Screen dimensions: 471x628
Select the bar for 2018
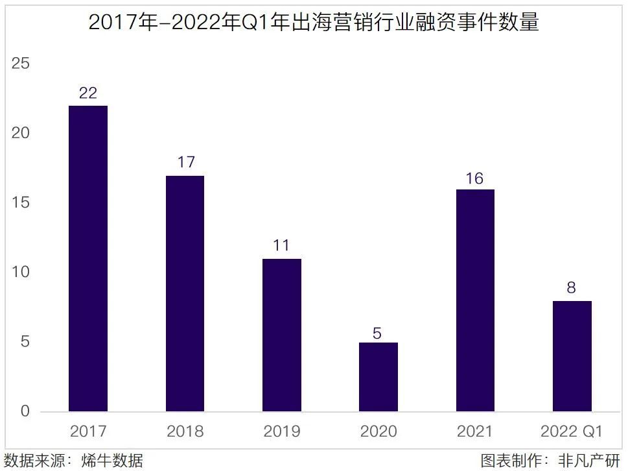coord(185,293)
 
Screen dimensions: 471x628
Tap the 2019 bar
coord(281,335)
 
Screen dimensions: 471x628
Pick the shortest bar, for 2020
coord(378,377)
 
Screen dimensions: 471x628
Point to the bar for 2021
coord(475,300)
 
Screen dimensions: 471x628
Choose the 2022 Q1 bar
coord(572,356)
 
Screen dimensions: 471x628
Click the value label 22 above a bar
coord(87,93)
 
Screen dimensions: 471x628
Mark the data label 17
coord(185,162)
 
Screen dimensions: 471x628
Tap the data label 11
coord(281,246)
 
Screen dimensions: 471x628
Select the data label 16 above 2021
coord(475,178)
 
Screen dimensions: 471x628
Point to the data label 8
coord(571,287)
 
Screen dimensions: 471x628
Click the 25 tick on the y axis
coord(21,64)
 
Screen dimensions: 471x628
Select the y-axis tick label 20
coord(21,133)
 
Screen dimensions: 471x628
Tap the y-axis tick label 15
coord(21,202)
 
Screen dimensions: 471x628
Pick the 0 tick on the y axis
coord(25,411)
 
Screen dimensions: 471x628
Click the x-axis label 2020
coord(378,431)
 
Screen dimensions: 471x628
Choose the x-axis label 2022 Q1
coord(571,431)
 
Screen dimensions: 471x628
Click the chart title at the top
coord(314,23)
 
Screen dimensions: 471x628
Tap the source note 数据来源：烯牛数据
coord(73,461)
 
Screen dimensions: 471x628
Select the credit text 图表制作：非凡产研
coord(550,461)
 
